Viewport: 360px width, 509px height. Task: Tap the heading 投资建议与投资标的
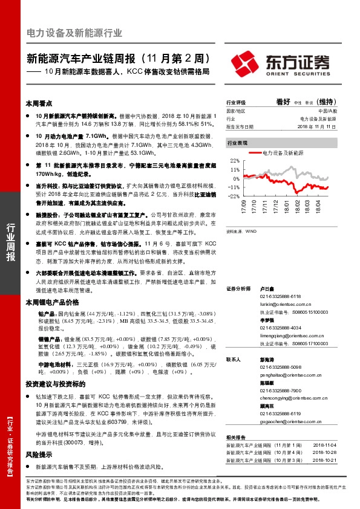click(x=54, y=384)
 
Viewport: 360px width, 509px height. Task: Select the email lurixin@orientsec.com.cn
click(x=286, y=305)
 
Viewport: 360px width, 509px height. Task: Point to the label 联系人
click(x=234, y=360)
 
